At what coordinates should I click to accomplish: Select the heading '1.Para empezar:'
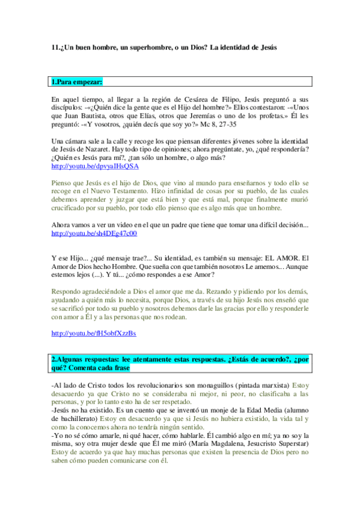point(77,81)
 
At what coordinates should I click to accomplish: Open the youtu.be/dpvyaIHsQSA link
point(94,166)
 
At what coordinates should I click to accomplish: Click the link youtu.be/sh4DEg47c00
point(94,233)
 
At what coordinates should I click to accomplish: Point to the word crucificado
point(71,208)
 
